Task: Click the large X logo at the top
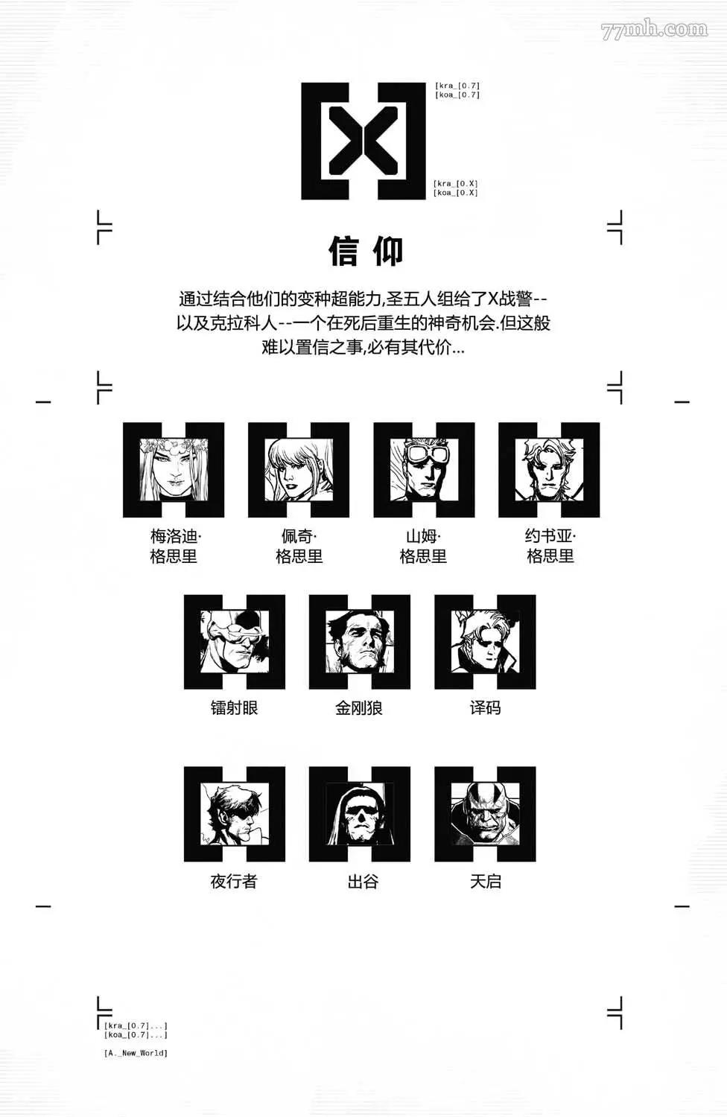coord(363,141)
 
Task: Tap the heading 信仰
coord(365,252)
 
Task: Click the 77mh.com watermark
coord(654,31)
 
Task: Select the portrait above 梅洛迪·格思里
coord(174,470)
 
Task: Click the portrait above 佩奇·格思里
coord(299,470)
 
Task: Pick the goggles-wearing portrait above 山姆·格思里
coord(424,470)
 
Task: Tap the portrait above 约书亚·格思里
coord(549,470)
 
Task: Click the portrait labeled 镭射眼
coord(235,642)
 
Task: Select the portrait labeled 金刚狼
coord(360,642)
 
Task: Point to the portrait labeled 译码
coord(485,642)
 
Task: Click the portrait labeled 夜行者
coord(235,815)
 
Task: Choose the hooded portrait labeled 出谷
coord(360,815)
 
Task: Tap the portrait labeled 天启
coord(485,815)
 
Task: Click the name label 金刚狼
coord(359,708)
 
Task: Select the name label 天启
coord(486,881)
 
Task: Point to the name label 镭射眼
coord(235,708)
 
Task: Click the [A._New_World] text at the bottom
coord(136,1053)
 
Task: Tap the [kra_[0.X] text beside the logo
coord(456,183)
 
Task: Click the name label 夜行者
coord(234,881)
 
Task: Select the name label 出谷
coord(363,881)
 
